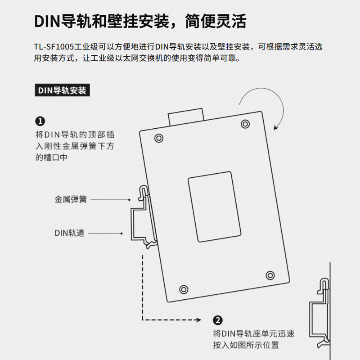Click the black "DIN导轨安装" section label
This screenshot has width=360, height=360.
click(x=61, y=90)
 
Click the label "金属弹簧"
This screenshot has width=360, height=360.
click(x=71, y=199)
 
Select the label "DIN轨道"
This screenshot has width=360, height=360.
click(x=70, y=233)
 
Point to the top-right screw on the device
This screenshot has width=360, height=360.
click(x=245, y=124)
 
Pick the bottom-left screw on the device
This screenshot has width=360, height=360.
click(x=183, y=288)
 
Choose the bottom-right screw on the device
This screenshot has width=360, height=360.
click(x=270, y=275)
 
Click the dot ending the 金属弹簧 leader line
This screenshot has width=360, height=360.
click(x=130, y=199)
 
